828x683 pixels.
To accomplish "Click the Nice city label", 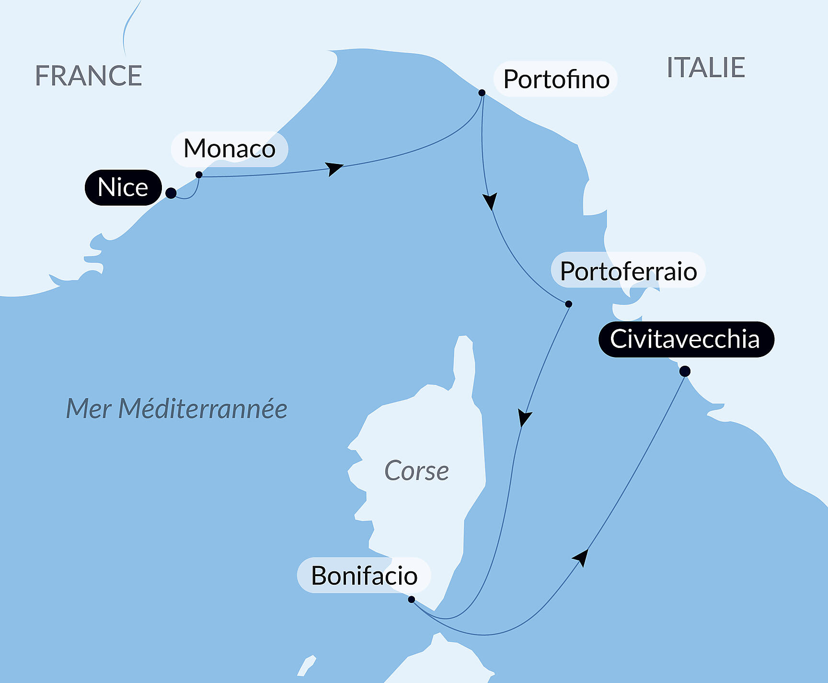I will pos(123,187).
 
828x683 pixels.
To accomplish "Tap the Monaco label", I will pos(230,149).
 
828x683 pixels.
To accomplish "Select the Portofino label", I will pos(556,79).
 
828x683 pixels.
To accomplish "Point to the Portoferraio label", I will pos(628,271).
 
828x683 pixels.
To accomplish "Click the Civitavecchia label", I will pos(685,339).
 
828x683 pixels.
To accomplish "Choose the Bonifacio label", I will pos(364,576).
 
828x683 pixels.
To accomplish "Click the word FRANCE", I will pos(89,76).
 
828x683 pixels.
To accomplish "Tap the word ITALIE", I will pos(706,68).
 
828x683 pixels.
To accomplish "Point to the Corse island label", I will pos(416,471).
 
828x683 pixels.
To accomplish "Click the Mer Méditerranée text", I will pos(176,409).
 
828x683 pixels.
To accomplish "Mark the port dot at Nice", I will pos(171,193).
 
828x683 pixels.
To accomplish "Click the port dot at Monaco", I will pos(199,175).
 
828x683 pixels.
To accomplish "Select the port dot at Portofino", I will pos(482,93).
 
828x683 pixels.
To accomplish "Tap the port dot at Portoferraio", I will pos(569,304).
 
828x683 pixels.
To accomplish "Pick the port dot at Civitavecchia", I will pos(685,371).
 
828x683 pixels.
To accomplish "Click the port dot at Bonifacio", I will pos(411,599).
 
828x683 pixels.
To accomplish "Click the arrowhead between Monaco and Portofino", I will pos(334,169).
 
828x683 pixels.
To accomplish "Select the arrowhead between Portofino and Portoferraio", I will pos(490,201).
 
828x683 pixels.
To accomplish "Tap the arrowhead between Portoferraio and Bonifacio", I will pos(524,417).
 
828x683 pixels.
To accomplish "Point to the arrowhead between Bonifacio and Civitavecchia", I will pos(581,557).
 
